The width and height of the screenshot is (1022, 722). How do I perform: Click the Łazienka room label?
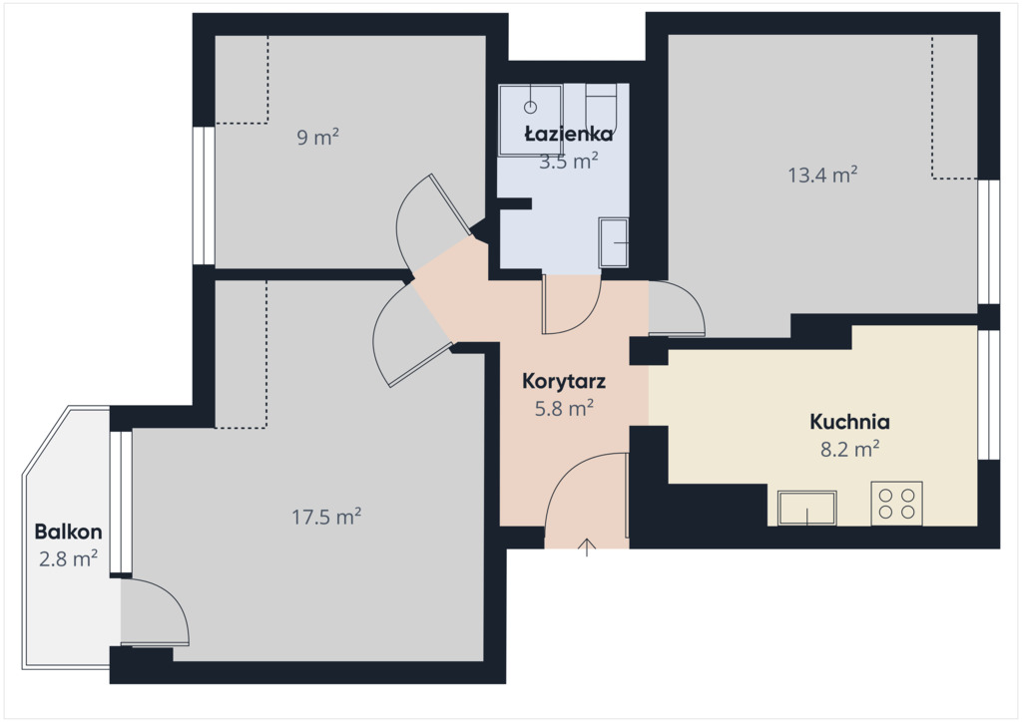569,134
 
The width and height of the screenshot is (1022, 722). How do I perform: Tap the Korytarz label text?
564,382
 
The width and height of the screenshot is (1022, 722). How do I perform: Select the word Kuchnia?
849,422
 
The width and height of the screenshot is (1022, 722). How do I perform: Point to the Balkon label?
69,532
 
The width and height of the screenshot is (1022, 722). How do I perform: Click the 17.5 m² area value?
326,517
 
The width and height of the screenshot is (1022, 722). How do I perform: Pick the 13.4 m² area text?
822,175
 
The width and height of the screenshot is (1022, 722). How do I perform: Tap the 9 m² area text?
318,138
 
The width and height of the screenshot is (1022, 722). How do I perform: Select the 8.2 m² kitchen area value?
850,449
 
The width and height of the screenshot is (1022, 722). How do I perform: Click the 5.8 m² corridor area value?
564,408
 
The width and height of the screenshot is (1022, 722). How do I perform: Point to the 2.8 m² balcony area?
69,558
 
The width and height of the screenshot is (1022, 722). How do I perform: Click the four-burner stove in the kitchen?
897,504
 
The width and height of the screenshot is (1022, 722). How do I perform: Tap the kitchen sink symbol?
806,508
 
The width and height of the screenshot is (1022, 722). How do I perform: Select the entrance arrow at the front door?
587,547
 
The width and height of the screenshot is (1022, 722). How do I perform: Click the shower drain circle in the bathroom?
531,107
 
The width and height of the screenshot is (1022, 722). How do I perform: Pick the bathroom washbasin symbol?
614,243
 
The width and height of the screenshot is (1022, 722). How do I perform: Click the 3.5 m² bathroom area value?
569,161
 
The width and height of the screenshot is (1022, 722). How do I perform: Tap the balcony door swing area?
154,612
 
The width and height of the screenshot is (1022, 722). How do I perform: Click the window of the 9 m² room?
204,195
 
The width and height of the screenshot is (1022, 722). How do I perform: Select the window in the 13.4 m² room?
989,241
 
